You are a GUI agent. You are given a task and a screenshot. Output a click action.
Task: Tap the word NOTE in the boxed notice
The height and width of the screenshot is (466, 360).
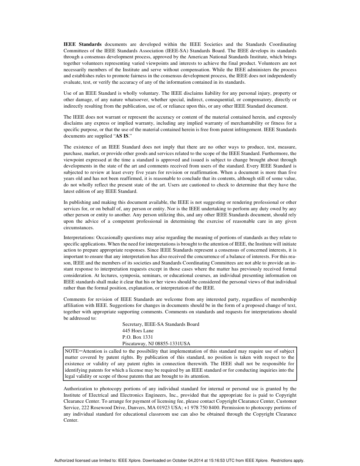pos(72,351)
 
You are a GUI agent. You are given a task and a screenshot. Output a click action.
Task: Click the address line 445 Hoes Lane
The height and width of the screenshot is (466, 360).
pos(138,331)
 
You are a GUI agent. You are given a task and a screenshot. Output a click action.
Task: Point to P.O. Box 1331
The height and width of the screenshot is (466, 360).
pos(138,337)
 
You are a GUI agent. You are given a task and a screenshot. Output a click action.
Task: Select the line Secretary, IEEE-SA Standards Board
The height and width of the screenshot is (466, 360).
pos(161,324)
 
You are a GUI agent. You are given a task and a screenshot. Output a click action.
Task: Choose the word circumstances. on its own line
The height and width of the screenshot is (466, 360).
pos(78,228)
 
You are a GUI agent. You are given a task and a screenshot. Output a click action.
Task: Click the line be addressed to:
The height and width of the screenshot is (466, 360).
pos(80,318)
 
